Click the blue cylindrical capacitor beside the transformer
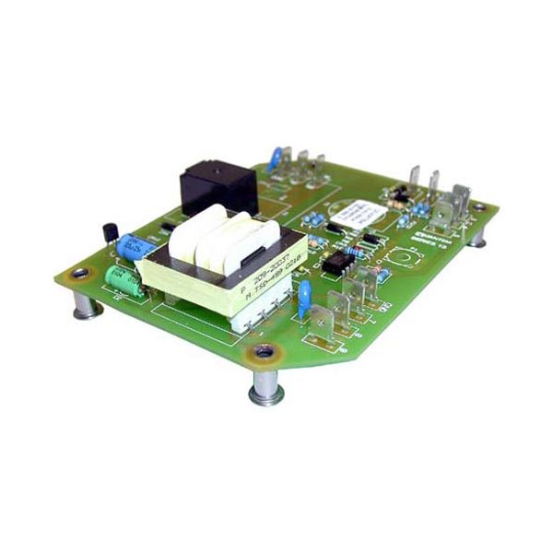(135, 247)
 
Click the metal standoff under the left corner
(87, 305)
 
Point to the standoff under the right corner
(477, 237)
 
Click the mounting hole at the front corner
(263, 351)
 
